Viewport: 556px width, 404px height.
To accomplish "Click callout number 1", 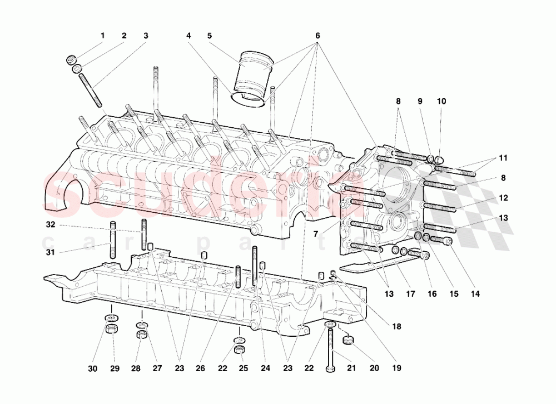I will tap(102, 36).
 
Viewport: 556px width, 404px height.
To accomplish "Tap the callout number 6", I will tap(317, 36).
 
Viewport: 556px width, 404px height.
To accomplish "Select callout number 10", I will tap(441, 101).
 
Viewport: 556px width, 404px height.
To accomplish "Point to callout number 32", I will tap(51, 225).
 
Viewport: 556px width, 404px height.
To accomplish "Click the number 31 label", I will tap(51, 253).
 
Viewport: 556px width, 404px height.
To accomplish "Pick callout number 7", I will tap(315, 234).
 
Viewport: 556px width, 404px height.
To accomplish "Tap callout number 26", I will tap(200, 367).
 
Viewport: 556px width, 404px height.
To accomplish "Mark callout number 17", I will tap(410, 294).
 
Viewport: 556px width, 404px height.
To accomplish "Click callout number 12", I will tap(503, 197).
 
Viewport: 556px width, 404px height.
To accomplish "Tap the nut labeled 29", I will tap(111, 330).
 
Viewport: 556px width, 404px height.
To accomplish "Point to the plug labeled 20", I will tap(349, 338).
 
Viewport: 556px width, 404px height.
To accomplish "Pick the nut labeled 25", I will tap(240, 350).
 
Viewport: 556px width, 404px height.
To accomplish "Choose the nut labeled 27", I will tap(142, 335).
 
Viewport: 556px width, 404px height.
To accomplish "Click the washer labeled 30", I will tap(111, 318).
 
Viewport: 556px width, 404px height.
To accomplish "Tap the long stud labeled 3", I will tap(92, 89).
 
